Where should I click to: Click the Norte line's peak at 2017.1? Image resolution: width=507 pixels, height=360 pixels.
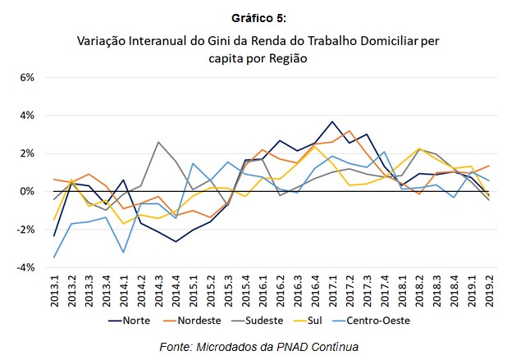tap(331, 121)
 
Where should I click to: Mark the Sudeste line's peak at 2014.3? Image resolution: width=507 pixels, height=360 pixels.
tap(158, 142)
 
